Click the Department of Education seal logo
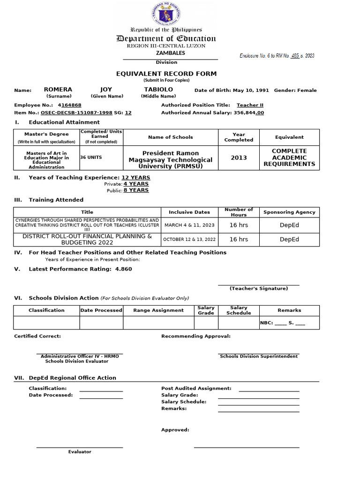[x=166, y=14]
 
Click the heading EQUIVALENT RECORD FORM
[x=166, y=74]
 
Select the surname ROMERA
[x=58, y=90]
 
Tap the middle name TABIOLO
[x=158, y=90]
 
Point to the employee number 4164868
[x=70, y=105]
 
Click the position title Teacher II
[x=250, y=105]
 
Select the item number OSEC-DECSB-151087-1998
[x=76, y=112]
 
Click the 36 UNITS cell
[x=91, y=157]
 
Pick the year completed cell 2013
[x=239, y=158]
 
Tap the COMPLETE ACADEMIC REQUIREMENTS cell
[x=289, y=158]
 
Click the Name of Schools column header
[x=170, y=137]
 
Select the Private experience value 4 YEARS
[x=136, y=184]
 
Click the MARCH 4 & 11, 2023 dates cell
[x=189, y=225]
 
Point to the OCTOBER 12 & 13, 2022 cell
[x=189, y=239]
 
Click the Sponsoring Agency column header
[x=289, y=212]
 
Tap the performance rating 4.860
[x=123, y=269]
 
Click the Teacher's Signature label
[x=258, y=289]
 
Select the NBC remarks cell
[x=289, y=323]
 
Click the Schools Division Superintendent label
[x=258, y=356]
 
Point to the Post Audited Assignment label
[x=196, y=389]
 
